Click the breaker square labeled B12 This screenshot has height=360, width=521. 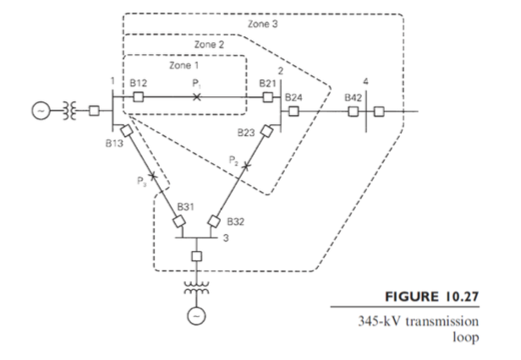tap(138, 97)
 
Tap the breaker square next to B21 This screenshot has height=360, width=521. tap(268, 97)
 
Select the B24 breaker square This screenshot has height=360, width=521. tap(293, 111)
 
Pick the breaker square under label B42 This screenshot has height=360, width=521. tap(354, 112)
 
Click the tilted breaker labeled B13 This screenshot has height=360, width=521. tap(126, 130)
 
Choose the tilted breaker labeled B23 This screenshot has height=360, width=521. tap(266, 131)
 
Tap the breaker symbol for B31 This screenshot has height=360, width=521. tap(178, 221)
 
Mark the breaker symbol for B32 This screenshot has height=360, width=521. tap(214, 221)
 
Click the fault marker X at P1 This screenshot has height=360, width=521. tap(197, 97)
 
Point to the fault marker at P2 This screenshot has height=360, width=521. tap(246, 166)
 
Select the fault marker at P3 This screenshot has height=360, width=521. tap(152, 176)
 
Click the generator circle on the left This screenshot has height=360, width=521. tap(41, 111)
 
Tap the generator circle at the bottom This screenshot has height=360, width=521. tap(196, 316)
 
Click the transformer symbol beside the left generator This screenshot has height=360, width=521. tap(69, 111)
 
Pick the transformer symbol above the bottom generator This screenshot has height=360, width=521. tap(196, 287)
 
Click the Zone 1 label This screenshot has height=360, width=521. tap(184, 65)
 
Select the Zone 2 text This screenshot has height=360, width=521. tap(209, 45)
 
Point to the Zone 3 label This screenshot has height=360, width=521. tap(262, 24)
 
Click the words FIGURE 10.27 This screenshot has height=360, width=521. tap(431, 297)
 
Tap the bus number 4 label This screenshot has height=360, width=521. tap(365, 81)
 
